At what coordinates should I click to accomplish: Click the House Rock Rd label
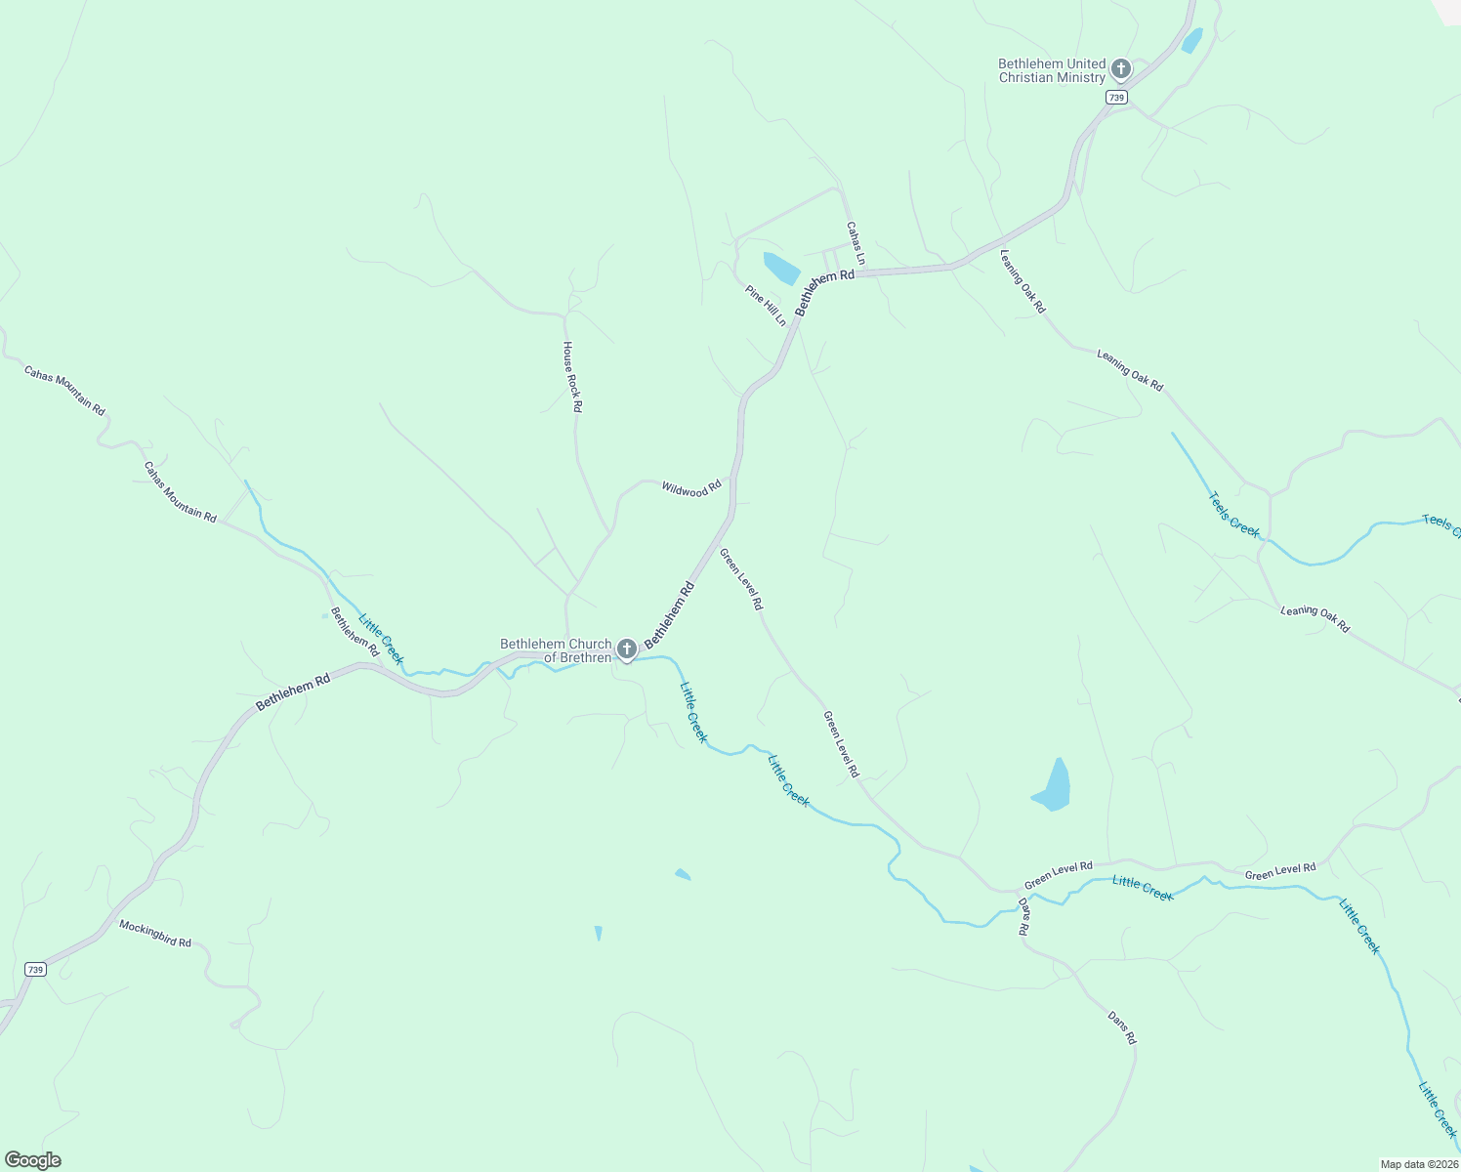click(x=572, y=377)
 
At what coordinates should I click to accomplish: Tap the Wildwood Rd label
click(x=690, y=488)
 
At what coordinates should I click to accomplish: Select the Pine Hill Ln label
click(x=766, y=306)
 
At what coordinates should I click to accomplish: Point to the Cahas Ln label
click(x=856, y=243)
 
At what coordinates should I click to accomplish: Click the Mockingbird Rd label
click(x=155, y=934)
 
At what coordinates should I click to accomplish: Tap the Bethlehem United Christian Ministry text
click(x=1052, y=70)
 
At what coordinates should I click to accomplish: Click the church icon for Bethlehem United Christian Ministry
click(x=1120, y=69)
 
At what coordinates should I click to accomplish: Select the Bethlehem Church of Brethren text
click(x=556, y=650)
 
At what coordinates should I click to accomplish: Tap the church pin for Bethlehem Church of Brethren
click(x=626, y=649)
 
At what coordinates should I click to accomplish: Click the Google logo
click(x=32, y=1160)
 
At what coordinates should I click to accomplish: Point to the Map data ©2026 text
click(x=1419, y=1164)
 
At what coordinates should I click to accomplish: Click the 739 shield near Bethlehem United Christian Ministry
click(x=1117, y=98)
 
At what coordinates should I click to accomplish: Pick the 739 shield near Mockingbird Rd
click(x=35, y=969)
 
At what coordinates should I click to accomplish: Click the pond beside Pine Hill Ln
click(x=781, y=268)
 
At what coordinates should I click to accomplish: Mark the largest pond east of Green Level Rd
click(x=1054, y=786)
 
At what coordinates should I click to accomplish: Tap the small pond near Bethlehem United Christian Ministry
click(x=1191, y=41)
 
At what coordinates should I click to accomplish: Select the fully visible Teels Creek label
click(x=1234, y=514)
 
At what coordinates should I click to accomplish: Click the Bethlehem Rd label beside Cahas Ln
click(x=824, y=292)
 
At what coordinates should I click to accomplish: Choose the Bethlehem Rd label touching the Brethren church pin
click(x=669, y=613)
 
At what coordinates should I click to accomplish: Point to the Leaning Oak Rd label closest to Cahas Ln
click(x=1023, y=281)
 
